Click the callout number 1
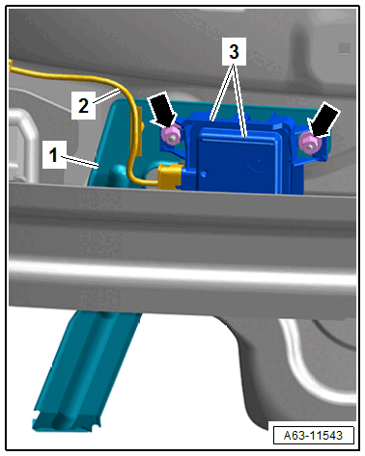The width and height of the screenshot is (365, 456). click(x=53, y=155)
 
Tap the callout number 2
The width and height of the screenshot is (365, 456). click(x=83, y=105)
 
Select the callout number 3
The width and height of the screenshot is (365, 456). click(x=234, y=51)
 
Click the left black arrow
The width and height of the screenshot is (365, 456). click(x=163, y=109)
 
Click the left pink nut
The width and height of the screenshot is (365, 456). click(x=171, y=136)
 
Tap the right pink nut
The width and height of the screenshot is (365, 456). click(x=308, y=144)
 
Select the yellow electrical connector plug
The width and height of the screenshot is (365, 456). click(x=170, y=176)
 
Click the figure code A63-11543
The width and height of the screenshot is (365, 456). click(x=313, y=436)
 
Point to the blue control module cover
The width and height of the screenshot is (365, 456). click(x=238, y=161)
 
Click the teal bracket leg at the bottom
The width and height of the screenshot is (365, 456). click(x=85, y=369)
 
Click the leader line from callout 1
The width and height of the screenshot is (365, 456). click(x=79, y=161)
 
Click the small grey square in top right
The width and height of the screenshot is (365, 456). click(x=344, y=48)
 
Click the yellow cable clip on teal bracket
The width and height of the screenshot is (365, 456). click(x=140, y=132)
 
